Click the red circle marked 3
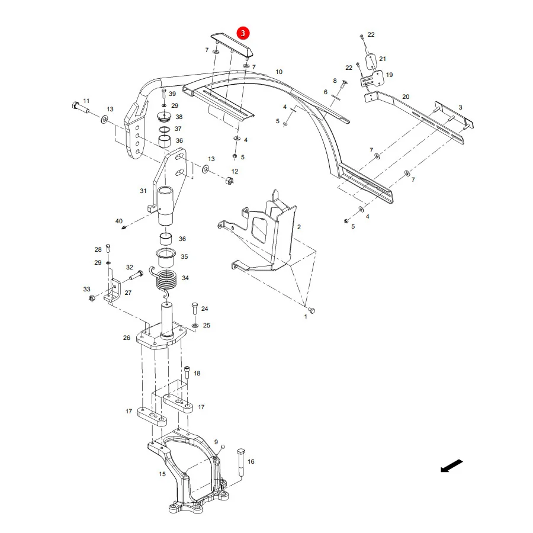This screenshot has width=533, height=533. tap(243, 33)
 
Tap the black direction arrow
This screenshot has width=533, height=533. tap(451, 465)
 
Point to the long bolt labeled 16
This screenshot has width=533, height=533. tap(240, 462)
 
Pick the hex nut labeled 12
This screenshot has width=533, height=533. tap(229, 180)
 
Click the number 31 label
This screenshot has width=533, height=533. tap(143, 191)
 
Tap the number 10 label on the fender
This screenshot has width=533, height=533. tap(279, 72)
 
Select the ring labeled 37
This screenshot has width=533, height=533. tap(165, 130)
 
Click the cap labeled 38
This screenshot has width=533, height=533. tap(165, 117)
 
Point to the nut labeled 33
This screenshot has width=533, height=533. tap(91, 298)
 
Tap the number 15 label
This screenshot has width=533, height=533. tap(162, 474)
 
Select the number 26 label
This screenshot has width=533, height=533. tap(127, 338)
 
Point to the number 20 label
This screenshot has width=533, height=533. tap(406, 97)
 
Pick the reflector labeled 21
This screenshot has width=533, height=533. tap(371, 62)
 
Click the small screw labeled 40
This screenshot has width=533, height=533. tap(124, 227)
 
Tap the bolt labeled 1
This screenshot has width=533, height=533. tap(312, 310)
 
